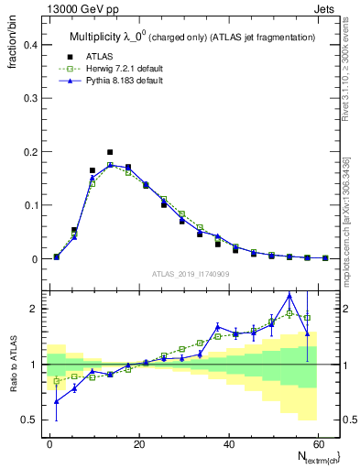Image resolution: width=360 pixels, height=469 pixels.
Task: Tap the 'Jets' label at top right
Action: click(x=326, y=9)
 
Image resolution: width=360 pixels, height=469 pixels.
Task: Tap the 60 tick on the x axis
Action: click(x=316, y=444)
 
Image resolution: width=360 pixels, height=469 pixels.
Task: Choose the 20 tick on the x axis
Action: click(x=138, y=444)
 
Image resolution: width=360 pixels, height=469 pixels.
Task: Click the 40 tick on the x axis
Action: click(x=227, y=444)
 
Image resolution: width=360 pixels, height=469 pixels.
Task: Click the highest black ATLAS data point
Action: click(x=110, y=152)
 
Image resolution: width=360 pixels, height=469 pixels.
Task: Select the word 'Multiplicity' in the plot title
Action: click(x=98, y=37)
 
